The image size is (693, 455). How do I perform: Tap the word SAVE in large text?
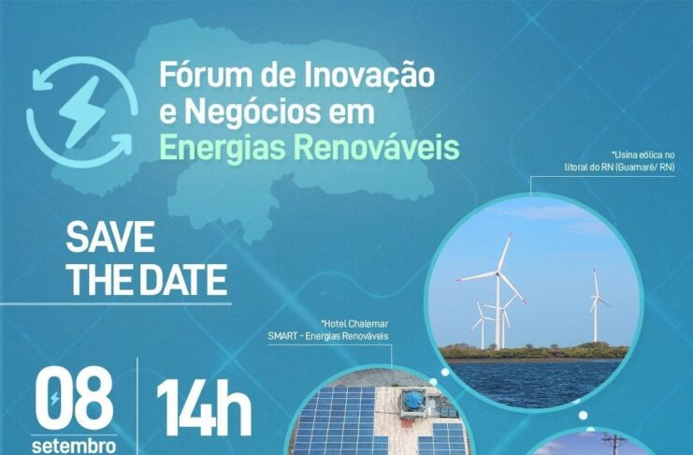[x=110, y=237]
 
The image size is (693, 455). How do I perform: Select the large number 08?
[x=74, y=400]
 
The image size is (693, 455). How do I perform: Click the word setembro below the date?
[x=74, y=446]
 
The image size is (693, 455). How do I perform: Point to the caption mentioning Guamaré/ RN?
[x=620, y=161]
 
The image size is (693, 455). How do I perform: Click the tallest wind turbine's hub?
[x=498, y=273]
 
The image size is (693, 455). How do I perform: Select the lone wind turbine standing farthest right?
[x=597, y=305]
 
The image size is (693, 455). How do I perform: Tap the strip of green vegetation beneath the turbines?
[x=534, y=352]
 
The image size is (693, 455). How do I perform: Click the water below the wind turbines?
[x=536, y=381]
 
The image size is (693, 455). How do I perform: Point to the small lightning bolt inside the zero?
[x=54, y=399]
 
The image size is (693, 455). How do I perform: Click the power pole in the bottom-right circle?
[x=614, y=444]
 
